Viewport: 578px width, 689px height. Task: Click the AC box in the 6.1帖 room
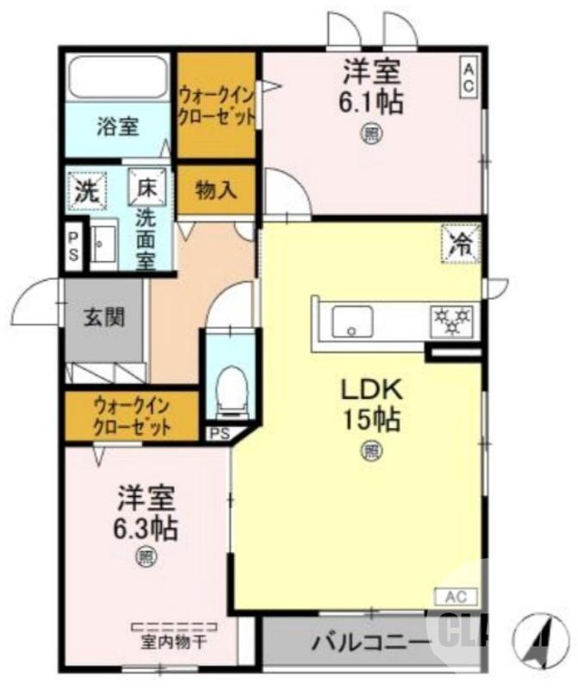pyautogui.click(x=470, y=78)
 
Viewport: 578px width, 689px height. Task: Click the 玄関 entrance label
pyautogui.click(x=104, y=316)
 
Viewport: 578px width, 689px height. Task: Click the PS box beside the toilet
pyautogui.click(x=219, y=433)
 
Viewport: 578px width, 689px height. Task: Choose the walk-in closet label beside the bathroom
pyautogui.click(x=216, y=105)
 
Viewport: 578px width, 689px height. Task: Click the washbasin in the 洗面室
pyautogui.click(x=104, y=245)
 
